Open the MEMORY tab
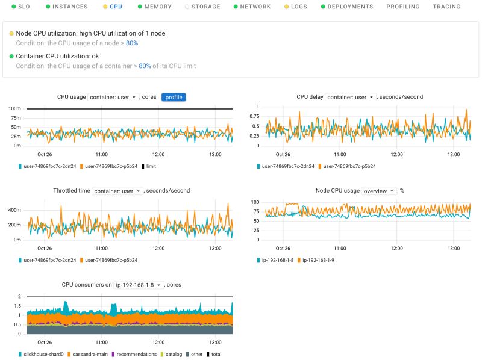pyautogui.click(x=158, y=7)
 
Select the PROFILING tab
pyautogui.click(x=403, y=7)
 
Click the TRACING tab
pyautogui.click(x=446, y=7)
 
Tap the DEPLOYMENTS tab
pyautogui.click(x=349, y=7)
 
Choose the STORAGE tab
pyautogui.click(x=205, y=7)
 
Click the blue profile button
pyautogui.click(x=174, y=97)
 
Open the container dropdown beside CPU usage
pyautogui.click(x=113, y=97)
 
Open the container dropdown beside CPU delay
pyautogui.click(x=350, y=97)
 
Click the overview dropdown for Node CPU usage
pyautogui.click(x=379, y=191)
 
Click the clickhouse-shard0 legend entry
pyautogui.click(x=43, y=354)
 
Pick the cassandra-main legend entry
pyautogui.click(x=91, y=354)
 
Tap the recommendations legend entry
pyautogui.click(x=136, y=354)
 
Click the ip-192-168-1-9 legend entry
pyautogui.click(x=318, y=260)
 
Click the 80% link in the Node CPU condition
pyautogui.click(x=132, y=43)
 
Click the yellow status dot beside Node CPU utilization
pyautogui.click(x=11, y=33)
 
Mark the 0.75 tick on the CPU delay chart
pyautogui.click(x=254, y=116)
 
